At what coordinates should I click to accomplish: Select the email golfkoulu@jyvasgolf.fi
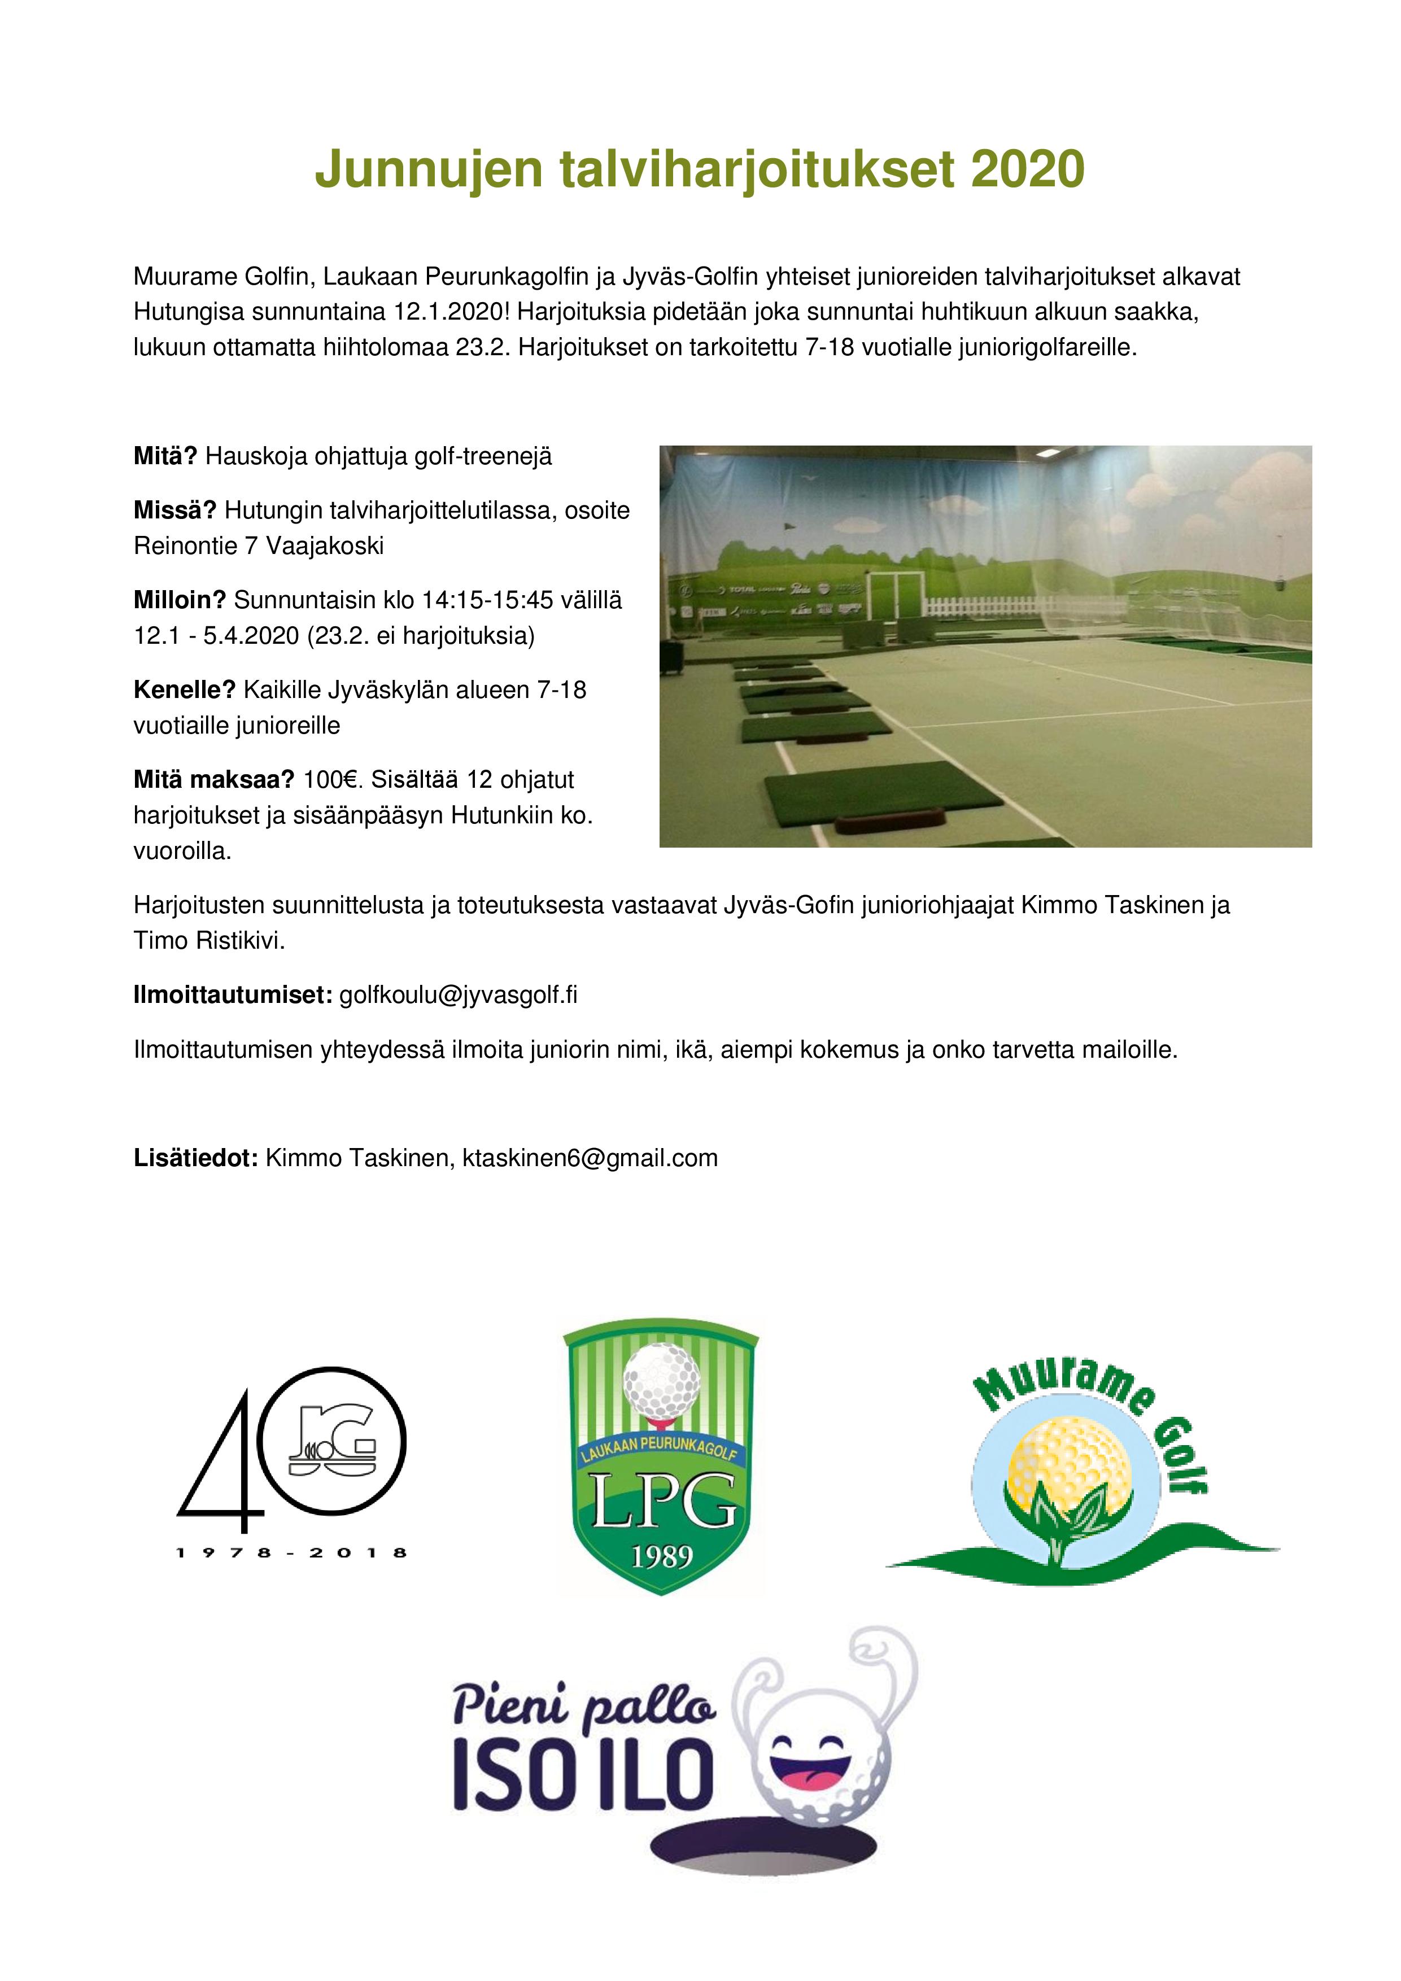click(458, 995)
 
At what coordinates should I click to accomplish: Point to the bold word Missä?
click(174, 511)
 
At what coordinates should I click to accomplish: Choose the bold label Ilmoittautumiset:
click(233, 995)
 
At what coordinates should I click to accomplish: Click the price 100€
click(335, 780)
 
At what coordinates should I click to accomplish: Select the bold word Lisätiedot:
click(196, 1158)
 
